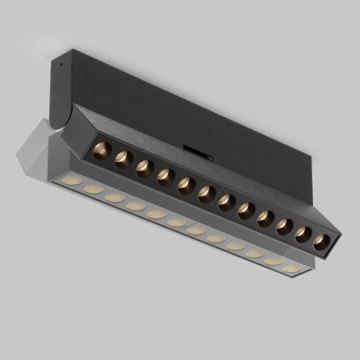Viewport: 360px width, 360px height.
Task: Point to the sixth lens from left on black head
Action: (207, 193)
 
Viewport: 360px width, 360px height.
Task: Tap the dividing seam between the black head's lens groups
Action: (217, 197)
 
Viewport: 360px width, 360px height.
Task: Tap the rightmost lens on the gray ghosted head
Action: (292, 268)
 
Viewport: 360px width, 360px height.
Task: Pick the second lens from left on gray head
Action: (93, 190)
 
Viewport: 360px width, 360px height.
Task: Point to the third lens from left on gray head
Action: (114, 198)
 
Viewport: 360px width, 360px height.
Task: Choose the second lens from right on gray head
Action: (273, 261)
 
